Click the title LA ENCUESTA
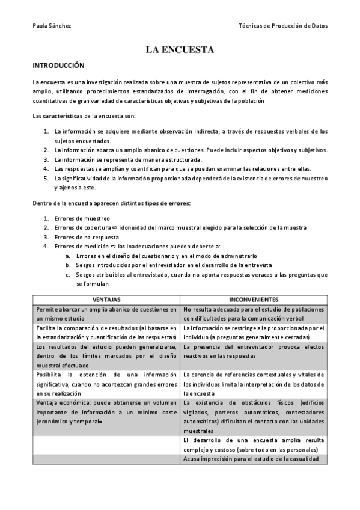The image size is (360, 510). click(x=180, y=50)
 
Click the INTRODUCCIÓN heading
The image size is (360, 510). click(x=58, y=65)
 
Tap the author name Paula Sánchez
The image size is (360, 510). click(x=51, y=26)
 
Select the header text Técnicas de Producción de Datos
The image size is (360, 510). click(x=283, y=26)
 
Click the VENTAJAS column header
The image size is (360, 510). click(x=106, y=299)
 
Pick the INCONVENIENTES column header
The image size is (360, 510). click(x=254, y=299)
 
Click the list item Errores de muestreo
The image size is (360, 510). click(x=82, y=218)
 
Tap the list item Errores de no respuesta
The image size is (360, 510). click(x=87, y=236)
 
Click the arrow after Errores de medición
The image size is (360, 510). click(x=112, y=246)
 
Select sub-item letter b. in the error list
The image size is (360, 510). click(x=68, y=265)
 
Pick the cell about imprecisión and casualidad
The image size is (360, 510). click(x=254, y=459)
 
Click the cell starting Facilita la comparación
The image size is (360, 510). click(x=106, y=333)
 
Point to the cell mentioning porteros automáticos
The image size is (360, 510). click(x=254, y=417)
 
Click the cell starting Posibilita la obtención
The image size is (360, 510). click(x=106, y=384)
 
